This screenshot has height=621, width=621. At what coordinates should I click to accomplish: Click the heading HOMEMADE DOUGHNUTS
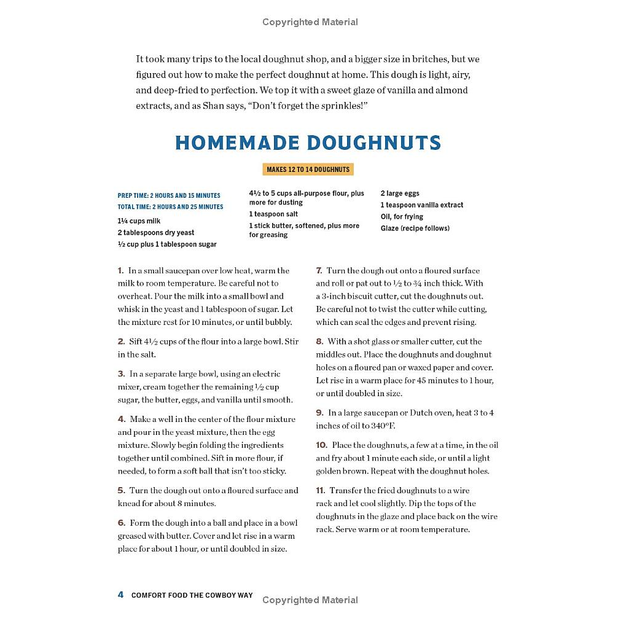click(308, 143)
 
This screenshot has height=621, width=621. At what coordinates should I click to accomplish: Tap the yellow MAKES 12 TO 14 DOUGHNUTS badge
click(308, 170)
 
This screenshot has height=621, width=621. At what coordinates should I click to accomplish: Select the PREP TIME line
click(169, 195)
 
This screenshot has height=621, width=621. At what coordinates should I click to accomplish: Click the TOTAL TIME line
click(170, 207)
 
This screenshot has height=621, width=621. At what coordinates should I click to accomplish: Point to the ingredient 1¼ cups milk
click(139, 221)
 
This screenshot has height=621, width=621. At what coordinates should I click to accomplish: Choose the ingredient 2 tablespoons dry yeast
click(156, 233)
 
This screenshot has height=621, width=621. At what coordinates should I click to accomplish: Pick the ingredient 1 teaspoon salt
click(273, 214)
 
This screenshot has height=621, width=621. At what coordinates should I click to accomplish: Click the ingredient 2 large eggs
click(400, 193)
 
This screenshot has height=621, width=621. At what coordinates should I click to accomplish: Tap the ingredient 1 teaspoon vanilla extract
click(421, 205)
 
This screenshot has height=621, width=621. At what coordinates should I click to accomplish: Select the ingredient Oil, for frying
click(402, 217)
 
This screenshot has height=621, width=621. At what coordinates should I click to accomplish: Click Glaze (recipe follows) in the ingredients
click(415, 228)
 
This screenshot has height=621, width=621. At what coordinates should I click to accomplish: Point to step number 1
click(120, 271)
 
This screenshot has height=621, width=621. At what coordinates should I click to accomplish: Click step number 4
click(121, 420)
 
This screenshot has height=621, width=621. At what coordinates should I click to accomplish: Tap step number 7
click(319, 271)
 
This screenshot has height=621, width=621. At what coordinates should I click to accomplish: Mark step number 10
click(321, 445)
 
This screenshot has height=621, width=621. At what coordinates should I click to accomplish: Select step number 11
click(321, 491)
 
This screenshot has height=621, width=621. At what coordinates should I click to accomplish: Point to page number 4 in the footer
click(121, 595)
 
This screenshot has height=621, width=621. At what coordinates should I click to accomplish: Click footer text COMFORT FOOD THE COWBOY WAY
click(192, 595)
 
